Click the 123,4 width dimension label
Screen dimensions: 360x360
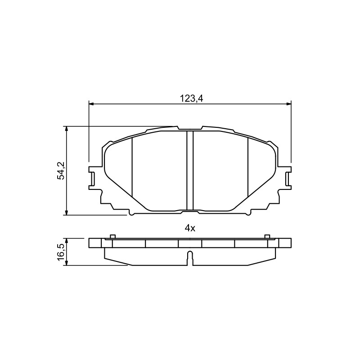(x=191, y=99)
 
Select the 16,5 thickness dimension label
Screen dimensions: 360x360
(x=61, y=252)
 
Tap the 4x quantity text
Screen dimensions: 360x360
(x=190, y=228)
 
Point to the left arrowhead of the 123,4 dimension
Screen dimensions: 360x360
(x=91, y=104)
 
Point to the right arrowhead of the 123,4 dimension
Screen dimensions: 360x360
(x=288, y=104)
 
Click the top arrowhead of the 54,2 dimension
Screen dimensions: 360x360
(x=67, y=129)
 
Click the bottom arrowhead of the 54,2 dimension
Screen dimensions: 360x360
(x=67, y=212)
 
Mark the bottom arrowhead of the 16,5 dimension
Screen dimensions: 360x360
(x=67, y=263)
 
